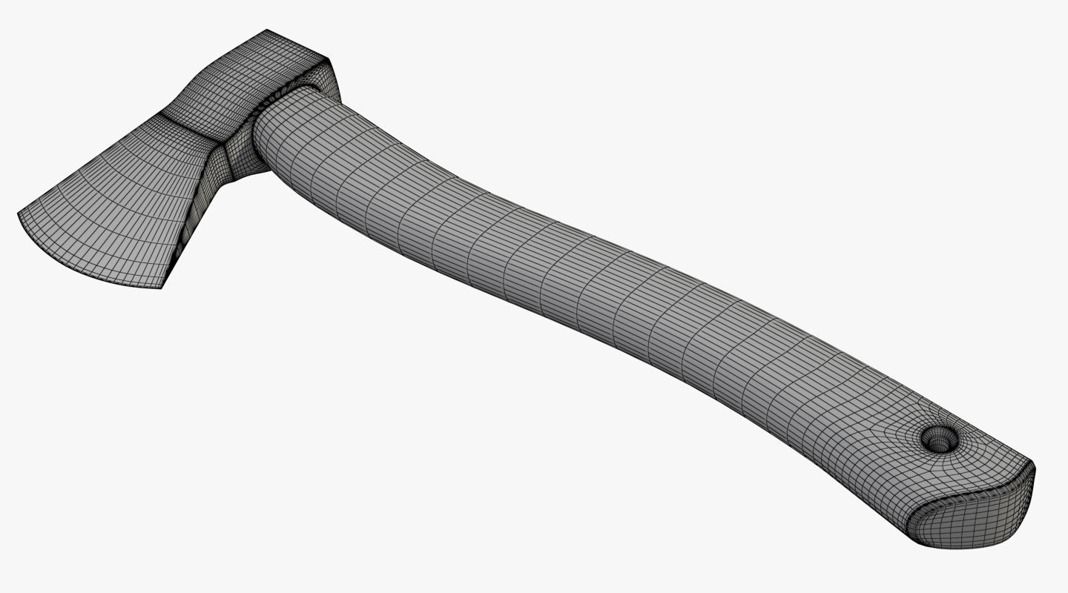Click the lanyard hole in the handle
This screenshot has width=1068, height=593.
pos(940,440)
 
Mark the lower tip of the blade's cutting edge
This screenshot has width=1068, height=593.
pos(161,287)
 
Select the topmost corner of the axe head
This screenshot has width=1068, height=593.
pos(267,30)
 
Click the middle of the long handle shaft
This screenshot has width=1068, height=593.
pos(593,282)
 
